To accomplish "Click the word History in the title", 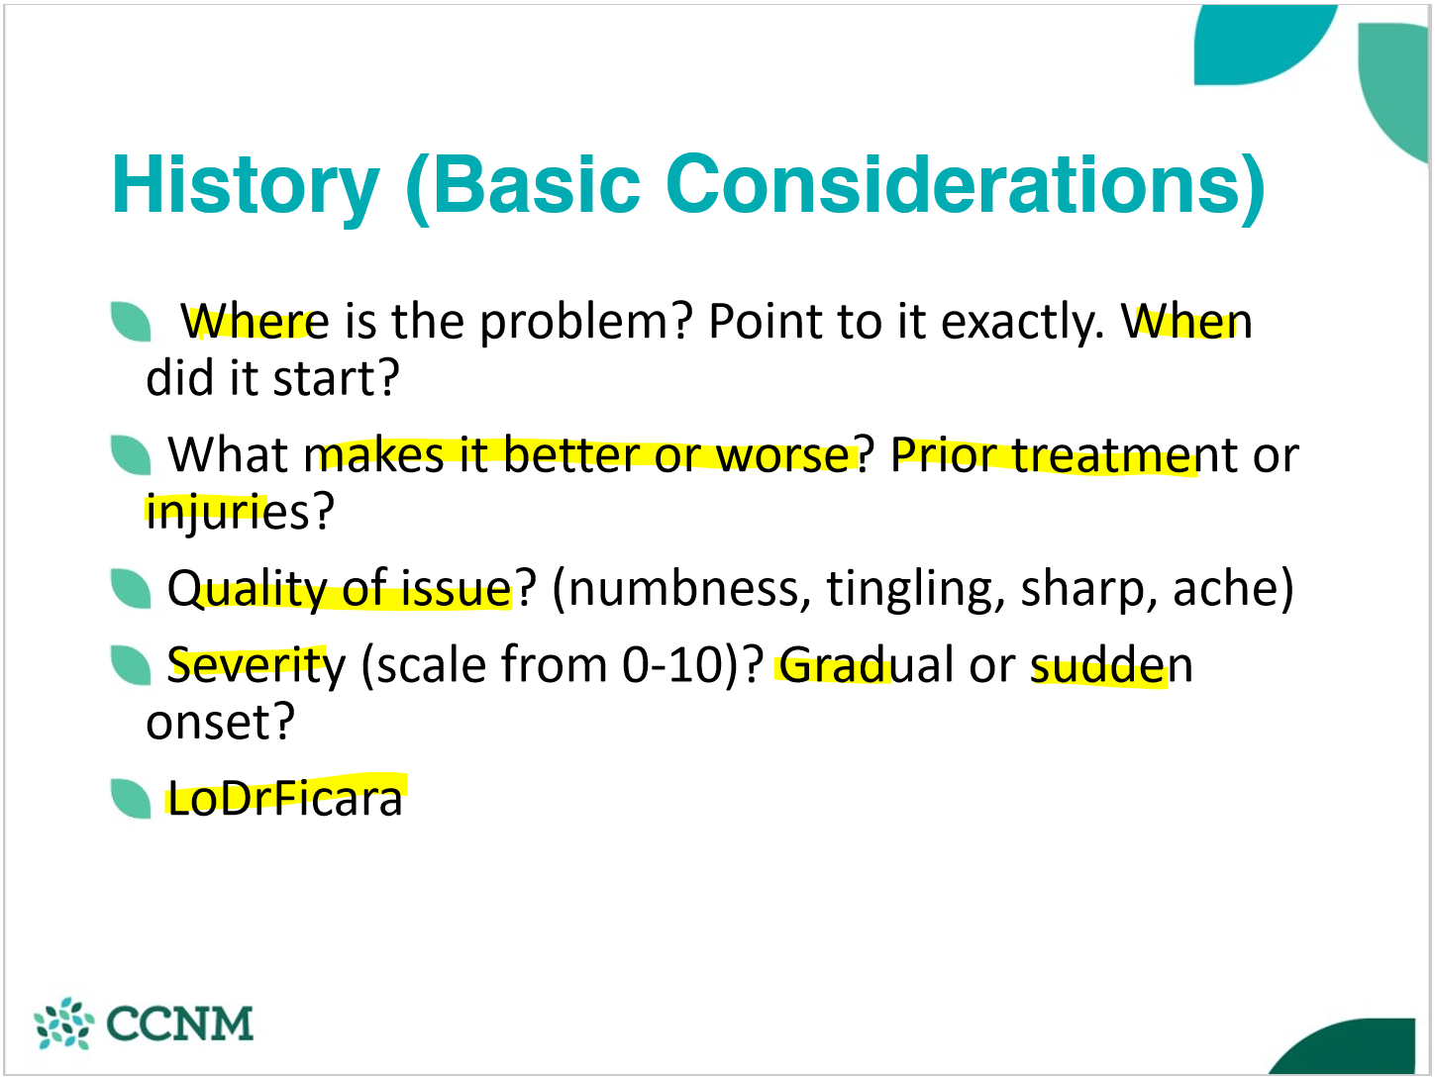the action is [x=246, y=186].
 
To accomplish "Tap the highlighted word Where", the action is [x=255, y=322].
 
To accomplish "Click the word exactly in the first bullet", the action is [x=1022, y=325].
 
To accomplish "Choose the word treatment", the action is [x=1124, y=455].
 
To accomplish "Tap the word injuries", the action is [x=227, y=514].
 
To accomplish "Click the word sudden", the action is [x=1112, y=665].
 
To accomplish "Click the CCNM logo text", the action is [x=179, y=1024].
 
